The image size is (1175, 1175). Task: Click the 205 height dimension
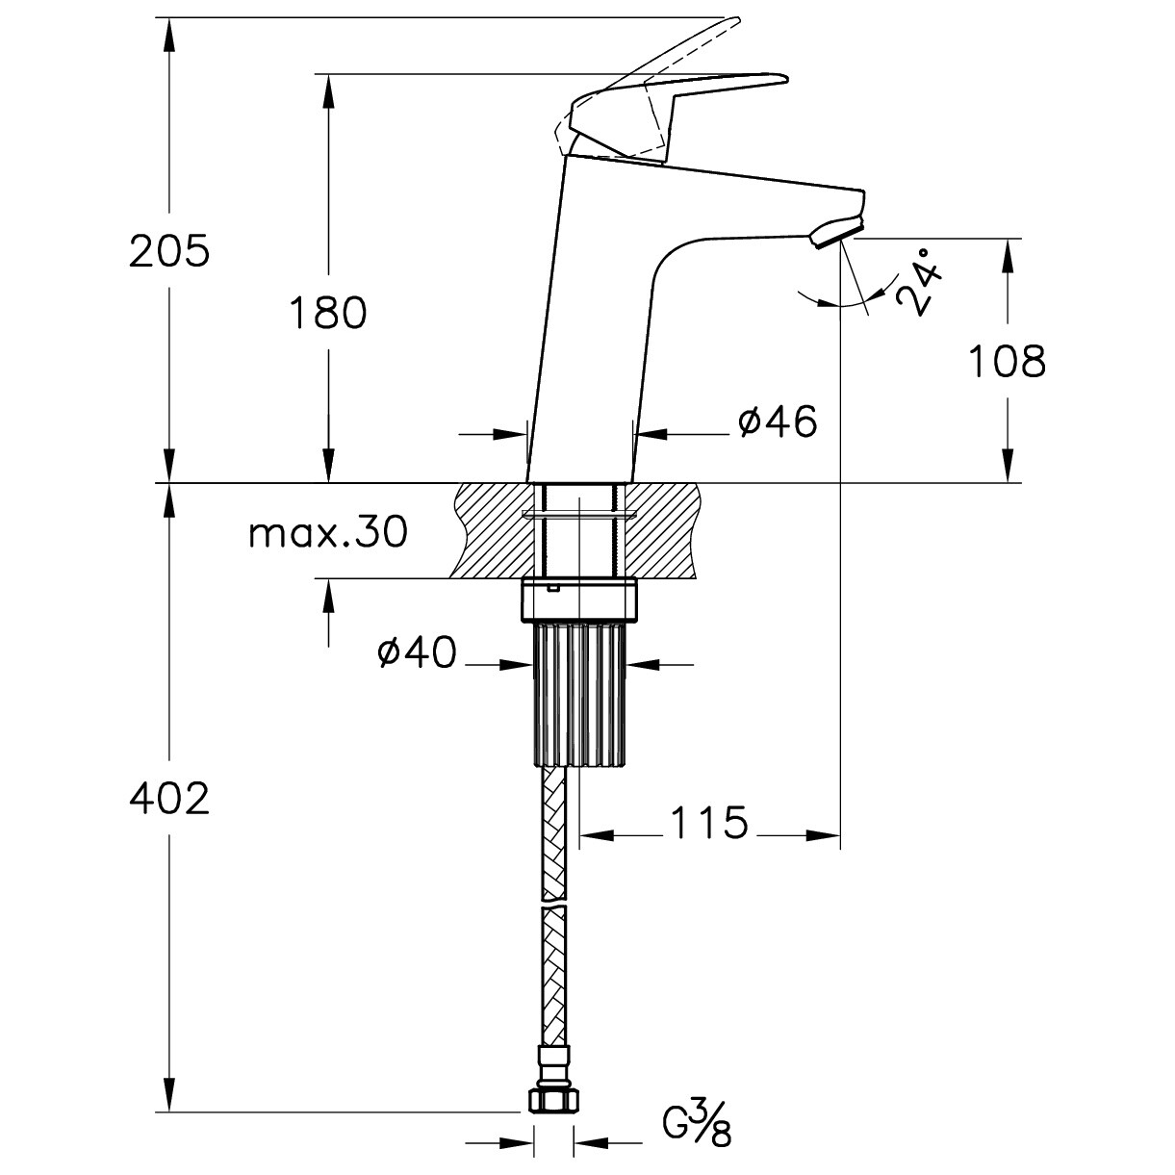pos(169,250)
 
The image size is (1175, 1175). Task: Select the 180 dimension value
pos(327,313)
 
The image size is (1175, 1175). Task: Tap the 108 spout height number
pos(1007,361)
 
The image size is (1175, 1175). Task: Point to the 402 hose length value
pos(169,799)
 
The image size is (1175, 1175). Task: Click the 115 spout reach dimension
pos(709,822)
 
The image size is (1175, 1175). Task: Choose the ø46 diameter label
pos(778,421)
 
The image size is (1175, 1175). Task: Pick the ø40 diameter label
pos(417,651)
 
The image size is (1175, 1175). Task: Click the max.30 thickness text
pos(328,531)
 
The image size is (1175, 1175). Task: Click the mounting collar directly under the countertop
pos(579,601)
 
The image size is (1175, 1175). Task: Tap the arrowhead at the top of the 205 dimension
pos(169,34)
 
